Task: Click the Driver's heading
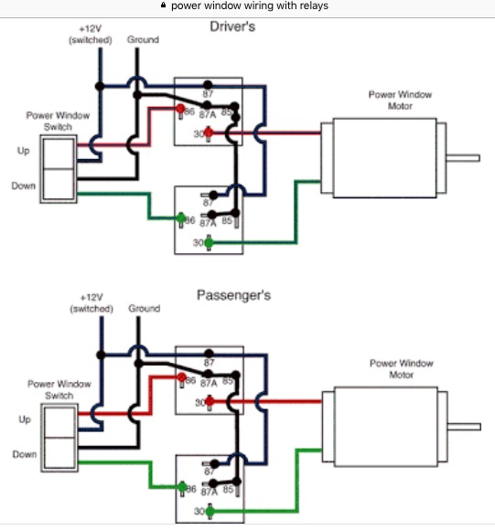coord(232,26)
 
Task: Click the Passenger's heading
coord(234,295)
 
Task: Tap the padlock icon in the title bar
coord(164,5)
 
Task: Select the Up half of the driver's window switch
coord(59,154)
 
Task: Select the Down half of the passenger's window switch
coord(59,453)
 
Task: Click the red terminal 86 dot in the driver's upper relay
coord(180,109)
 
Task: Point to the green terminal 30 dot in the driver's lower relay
coord(209,242)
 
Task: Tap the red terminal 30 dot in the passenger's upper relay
coord(210,401)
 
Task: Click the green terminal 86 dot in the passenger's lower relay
coord(182,487)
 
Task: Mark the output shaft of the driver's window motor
coord(463,158)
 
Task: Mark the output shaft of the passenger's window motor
coord(464,427)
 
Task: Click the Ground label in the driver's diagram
coord(143,39)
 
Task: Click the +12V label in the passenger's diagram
coord(91,298)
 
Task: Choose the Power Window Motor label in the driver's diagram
coord(400,100)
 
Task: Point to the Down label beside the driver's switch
coord(24,185)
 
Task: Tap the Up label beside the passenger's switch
coord(25,419)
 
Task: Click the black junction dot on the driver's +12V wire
coord(100,86)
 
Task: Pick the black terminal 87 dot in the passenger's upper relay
coord(210,354)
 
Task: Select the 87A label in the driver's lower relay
coord(208,223)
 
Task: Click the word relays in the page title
coord(315,5)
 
